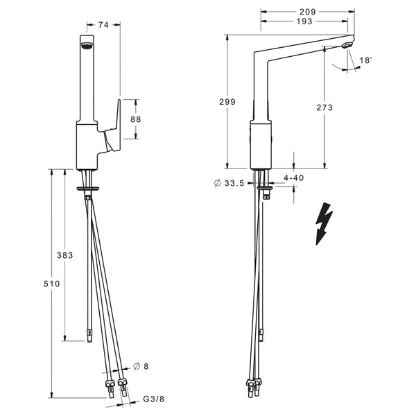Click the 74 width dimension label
pyautogui.click(x=103, y=25)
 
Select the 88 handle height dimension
pyautogui.click(x=136, y=119)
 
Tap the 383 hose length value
pyautogui.click(x=64, y=255)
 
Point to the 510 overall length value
pyautogui.click(x=52, y=284)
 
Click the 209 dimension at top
pyautogui.click(x=308, y=12)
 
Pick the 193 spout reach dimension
pyautogui.click(x=304, y=21)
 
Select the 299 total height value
pyautogui.click(x=227, y=102)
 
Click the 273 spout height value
pyautogui.click(x=324, y=107)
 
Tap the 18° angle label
pyautogui.click(x=365, y=60)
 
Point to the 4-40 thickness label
pyautogui.click(x=294, y=177)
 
